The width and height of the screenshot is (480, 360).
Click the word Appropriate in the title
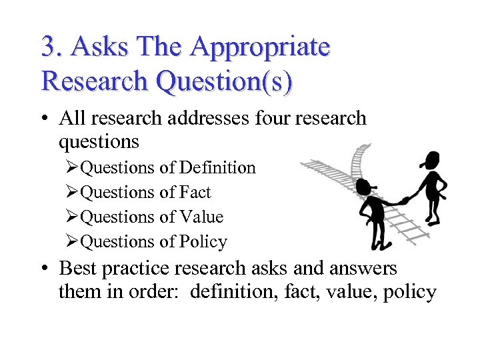pyautogui.click(x=260, y=48)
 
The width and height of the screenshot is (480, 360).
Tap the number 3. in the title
pyautogui.click(x=53, y=47)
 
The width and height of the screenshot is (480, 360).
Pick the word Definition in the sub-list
pyautogui.click(x=218, y=167)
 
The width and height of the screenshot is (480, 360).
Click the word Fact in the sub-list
pyautogui.click(x=195, y=192)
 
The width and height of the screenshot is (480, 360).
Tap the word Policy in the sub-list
pyautogui.click(x=203, y=241)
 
